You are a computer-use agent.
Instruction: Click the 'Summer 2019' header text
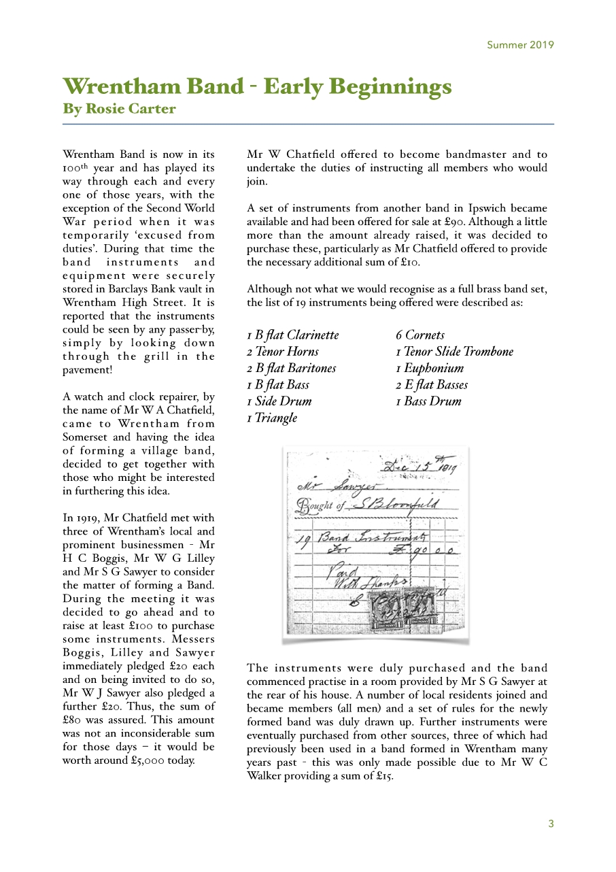tap(520, 46)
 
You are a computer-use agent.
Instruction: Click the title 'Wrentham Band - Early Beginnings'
tap(257, 87)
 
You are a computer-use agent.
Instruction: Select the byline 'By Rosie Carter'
tap(119, 109)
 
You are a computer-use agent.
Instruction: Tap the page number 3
tap(551, 824)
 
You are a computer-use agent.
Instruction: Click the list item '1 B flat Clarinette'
tap(292, 335)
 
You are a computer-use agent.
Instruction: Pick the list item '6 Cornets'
tap(420, 335)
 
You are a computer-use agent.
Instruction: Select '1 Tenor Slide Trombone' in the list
tap(454, 352)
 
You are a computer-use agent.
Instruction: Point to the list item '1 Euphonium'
tap(430, 368)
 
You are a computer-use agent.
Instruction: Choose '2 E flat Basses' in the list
tap(432, 385)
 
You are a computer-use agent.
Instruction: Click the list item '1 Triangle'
tap(272, 418)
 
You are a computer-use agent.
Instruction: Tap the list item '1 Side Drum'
tap(279, 401)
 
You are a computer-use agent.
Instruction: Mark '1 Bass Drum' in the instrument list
tap(428, 401)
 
